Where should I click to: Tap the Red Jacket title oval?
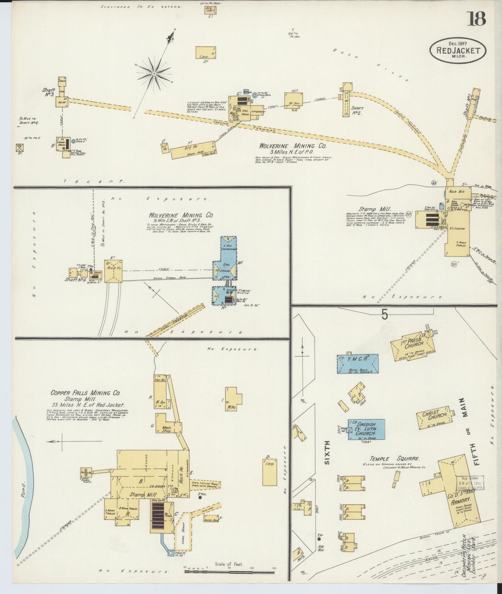[458, 51]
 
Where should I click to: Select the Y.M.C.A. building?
[357, 364]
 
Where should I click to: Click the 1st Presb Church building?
[413, 345]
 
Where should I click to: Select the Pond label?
[24, 489]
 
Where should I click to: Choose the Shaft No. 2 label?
[357, 110]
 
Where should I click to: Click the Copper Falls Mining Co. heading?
[85, 393]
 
